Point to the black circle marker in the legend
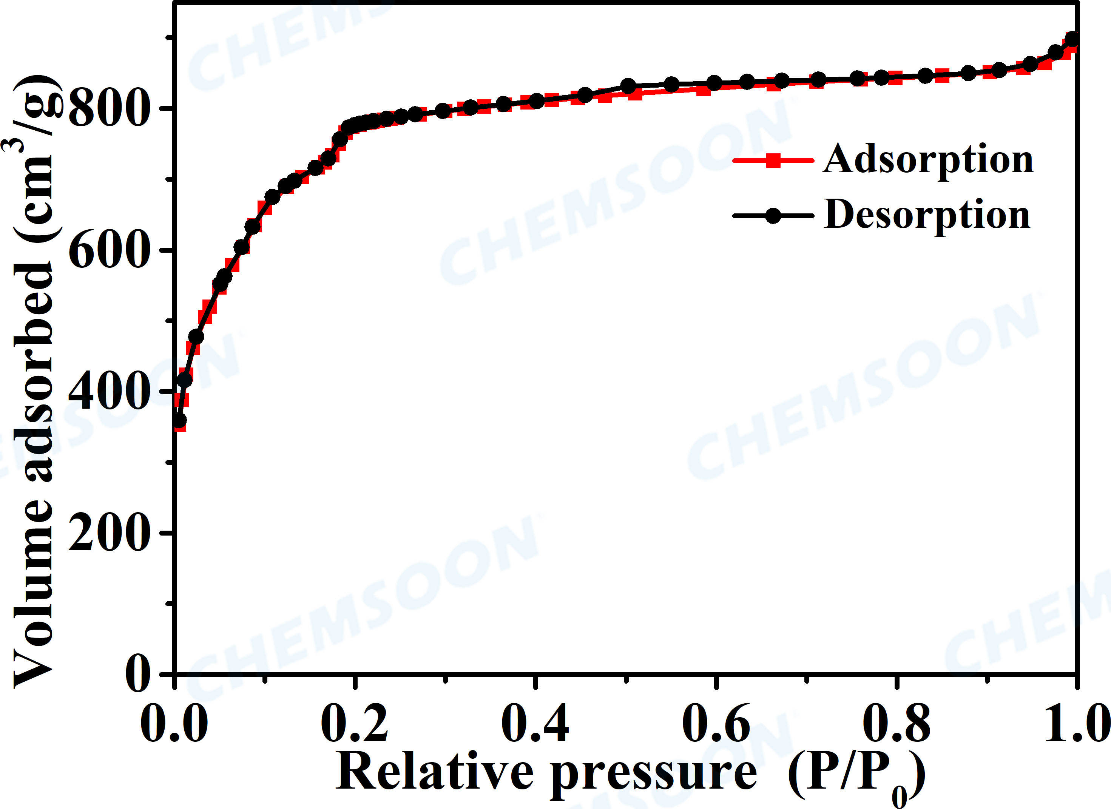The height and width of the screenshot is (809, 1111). click(x=773, y=216)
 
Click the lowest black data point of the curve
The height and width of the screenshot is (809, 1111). click(x=179, y=421)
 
